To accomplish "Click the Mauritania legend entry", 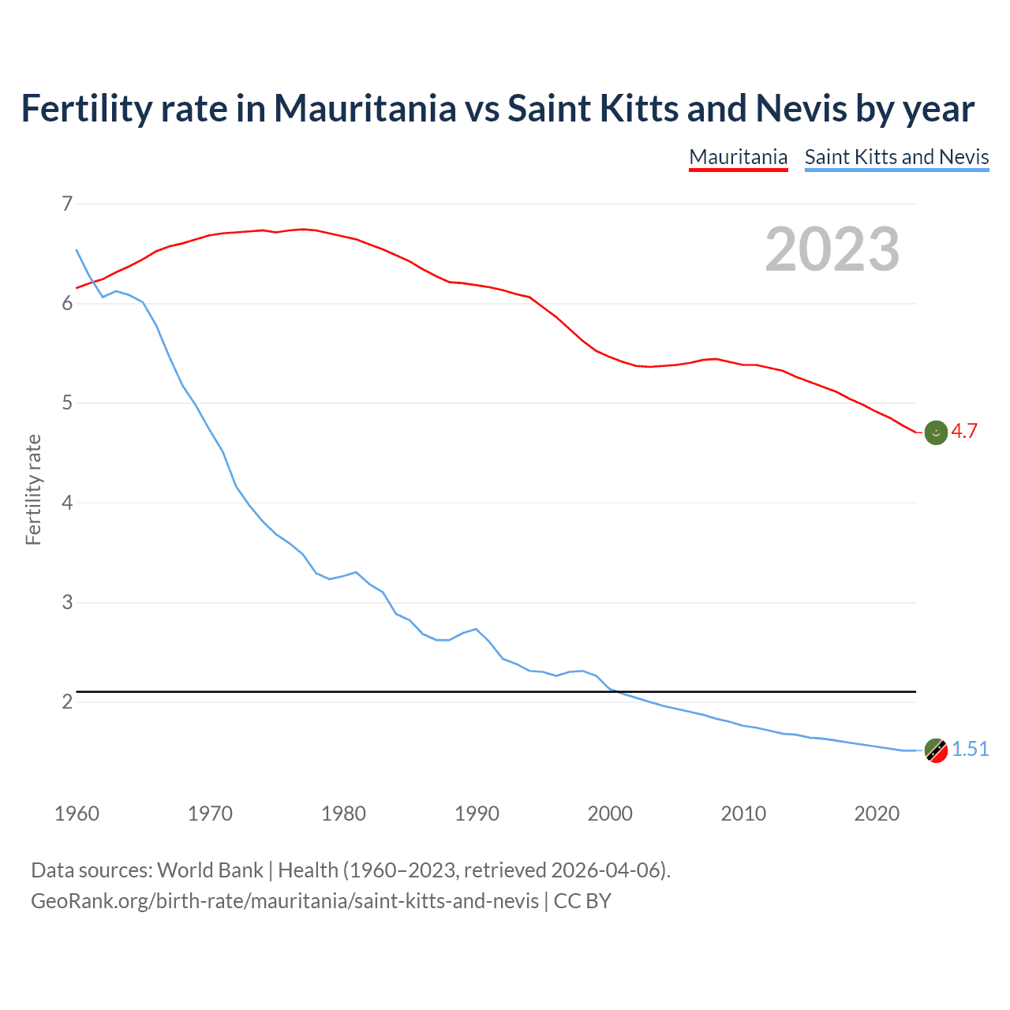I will click(738, 157).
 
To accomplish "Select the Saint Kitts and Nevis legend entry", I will click(896, 157).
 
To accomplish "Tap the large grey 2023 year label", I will click(832, 249).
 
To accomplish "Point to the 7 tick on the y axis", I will click(67, 204).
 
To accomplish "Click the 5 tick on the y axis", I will click(67, 403).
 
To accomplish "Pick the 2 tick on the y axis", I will click(67, 701).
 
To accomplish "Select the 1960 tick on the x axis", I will click(77, 814).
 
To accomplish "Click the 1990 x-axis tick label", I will click(477, 814).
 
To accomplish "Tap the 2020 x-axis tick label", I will click(877, 814).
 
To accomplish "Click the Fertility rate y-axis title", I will click(33, 489).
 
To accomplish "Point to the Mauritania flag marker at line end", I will click(936, 432).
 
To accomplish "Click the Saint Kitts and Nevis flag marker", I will click(936, 750).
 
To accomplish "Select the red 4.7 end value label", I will click(964, 431).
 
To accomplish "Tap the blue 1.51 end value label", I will click(970, 749).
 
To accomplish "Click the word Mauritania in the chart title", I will click(365, 108).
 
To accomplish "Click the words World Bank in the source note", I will click(210, 870).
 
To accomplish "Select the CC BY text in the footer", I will click(582, 901).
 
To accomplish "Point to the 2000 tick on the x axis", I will click(610, 814).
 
